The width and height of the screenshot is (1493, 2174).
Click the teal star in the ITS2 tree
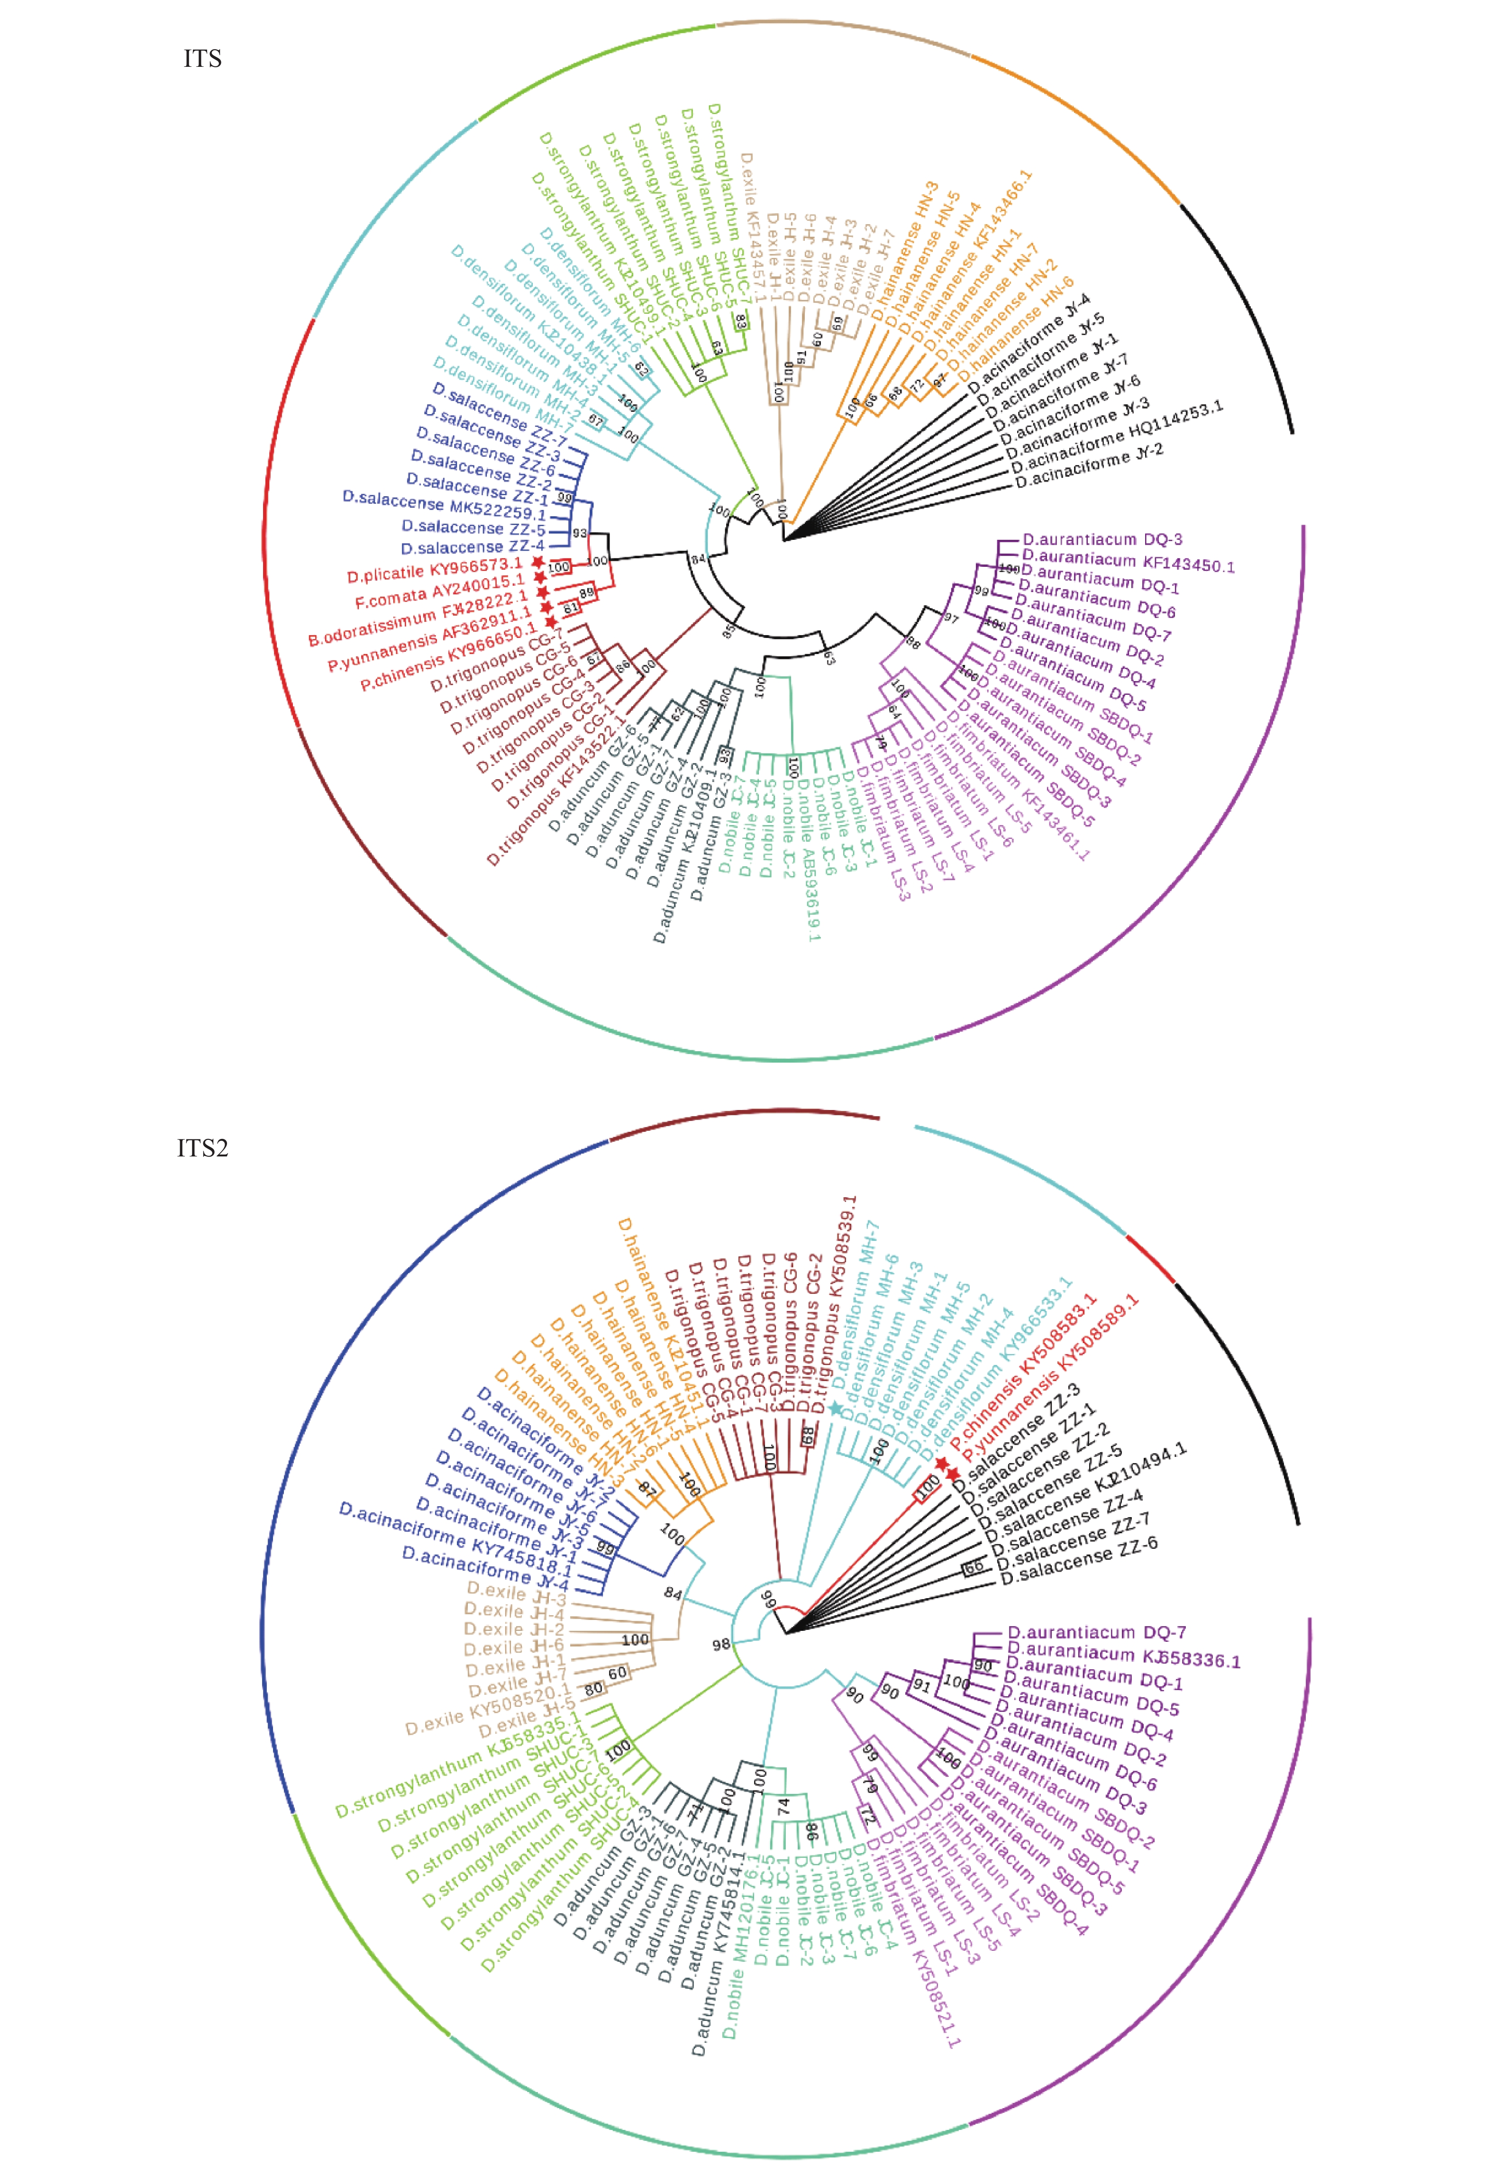tap(835, 1407)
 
